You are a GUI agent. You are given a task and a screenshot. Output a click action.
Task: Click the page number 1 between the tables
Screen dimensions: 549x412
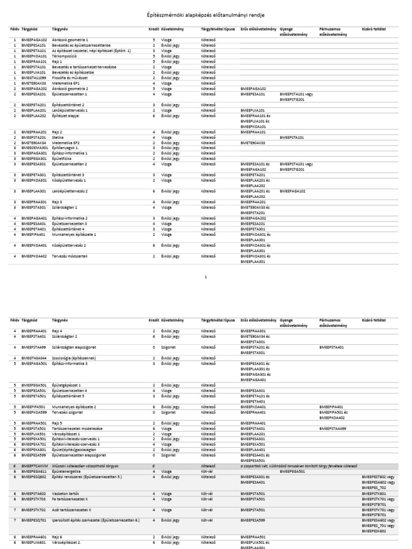coord(206,277)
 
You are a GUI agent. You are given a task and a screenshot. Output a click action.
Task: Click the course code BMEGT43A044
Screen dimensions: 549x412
coord(33,357)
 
